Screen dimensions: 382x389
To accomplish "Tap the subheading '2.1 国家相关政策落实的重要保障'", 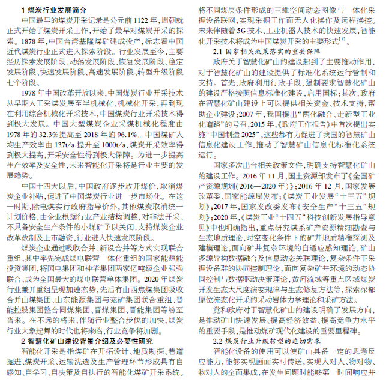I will [264, 52].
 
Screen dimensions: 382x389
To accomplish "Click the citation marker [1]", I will [342, 40].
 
